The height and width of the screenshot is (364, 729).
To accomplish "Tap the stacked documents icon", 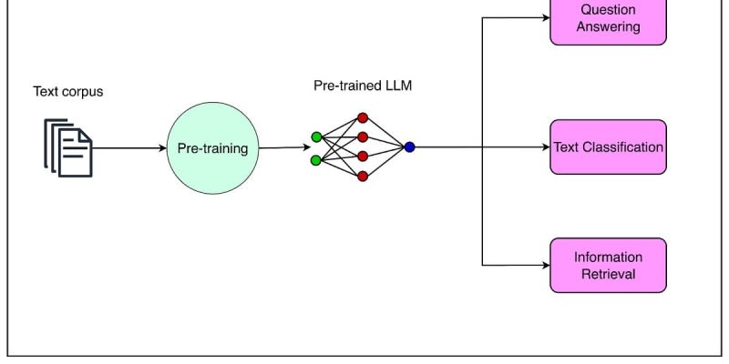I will coord(68,148).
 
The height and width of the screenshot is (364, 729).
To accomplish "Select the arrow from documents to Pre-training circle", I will coord(129,147).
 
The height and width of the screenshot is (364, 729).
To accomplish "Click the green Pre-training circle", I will coord(212,148).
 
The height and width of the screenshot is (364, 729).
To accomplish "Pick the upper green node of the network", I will coord(316,137).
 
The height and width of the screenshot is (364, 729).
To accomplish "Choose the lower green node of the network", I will coord(316,160).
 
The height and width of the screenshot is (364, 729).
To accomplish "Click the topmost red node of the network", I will coord(363,118).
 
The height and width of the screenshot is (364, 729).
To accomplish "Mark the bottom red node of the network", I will coord(363,176).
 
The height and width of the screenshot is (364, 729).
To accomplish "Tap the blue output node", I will coord(409,147).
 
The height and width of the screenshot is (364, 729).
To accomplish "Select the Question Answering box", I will coord(608,19).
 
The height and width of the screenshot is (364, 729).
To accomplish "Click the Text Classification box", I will coord(608,147).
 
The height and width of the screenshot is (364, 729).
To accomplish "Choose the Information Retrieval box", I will coord(608,265).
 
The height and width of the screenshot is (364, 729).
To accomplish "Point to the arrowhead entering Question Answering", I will coord(545,17).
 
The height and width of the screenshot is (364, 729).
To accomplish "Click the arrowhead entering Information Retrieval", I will coord(545,265).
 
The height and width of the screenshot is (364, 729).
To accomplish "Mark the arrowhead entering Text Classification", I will coord(545,147).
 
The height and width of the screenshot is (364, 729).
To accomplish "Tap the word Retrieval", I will coord(608,274).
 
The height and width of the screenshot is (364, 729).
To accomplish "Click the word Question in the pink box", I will coord(608,10).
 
